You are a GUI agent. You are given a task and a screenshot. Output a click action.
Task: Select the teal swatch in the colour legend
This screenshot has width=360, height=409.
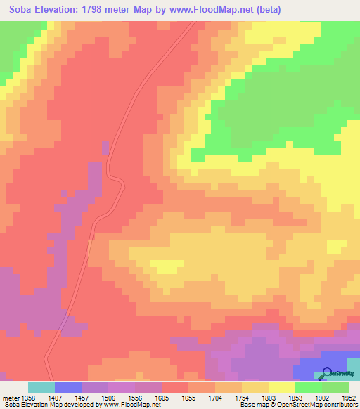click(41, 387)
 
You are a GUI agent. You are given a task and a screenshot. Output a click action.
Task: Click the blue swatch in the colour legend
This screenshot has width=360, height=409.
click(68, 387)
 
